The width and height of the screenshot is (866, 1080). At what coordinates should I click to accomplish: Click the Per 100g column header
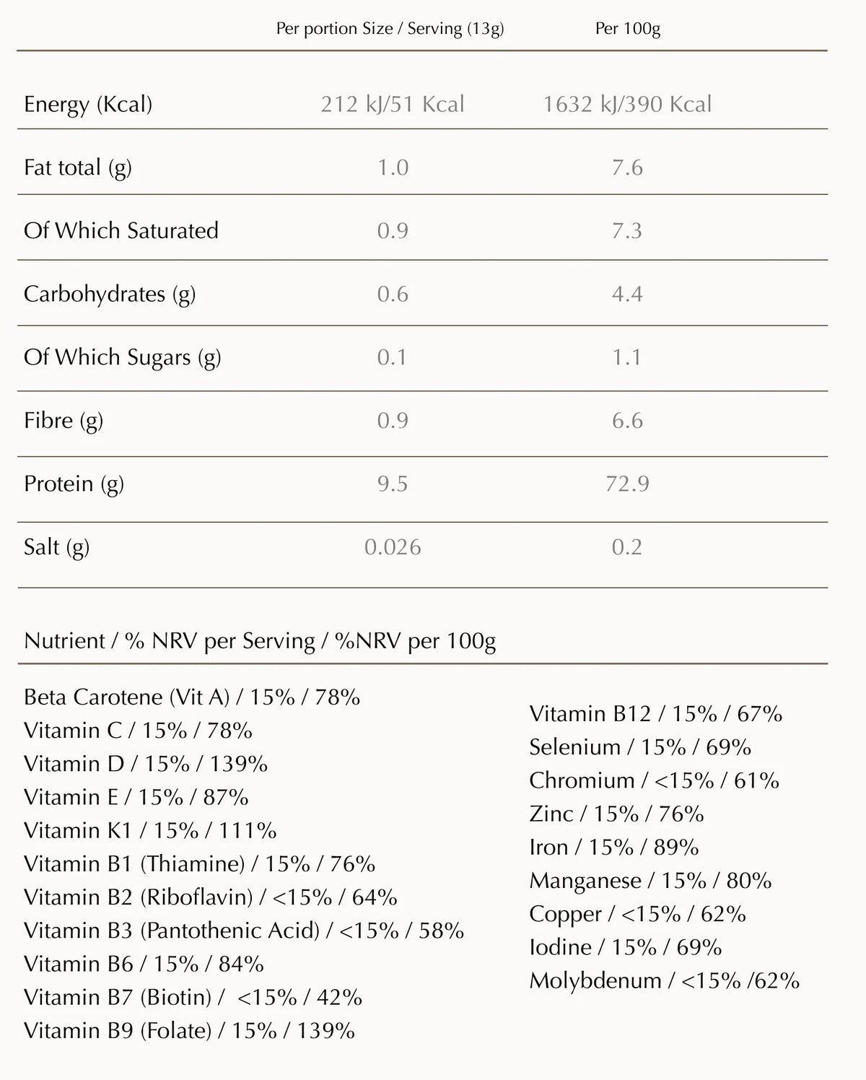627,29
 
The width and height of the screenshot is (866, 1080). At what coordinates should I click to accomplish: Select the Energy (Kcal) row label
88,104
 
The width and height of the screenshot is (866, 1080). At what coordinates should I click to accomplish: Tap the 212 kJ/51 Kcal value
393,104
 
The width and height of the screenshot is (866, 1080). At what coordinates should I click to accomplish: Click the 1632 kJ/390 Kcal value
627,104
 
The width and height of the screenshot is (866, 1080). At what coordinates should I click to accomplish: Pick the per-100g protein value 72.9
627,483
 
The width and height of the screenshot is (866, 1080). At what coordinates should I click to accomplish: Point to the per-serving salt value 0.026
393,546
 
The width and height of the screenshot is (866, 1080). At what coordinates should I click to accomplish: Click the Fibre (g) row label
64,420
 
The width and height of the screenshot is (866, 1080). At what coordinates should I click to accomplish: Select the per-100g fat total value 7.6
627,167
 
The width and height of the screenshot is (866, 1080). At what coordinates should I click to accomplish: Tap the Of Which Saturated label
121,230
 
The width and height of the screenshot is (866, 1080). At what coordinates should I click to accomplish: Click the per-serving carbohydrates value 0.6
393,294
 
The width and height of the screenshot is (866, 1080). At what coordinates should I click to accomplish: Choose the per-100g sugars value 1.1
627,357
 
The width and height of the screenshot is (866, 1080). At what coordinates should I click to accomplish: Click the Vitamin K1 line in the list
150,830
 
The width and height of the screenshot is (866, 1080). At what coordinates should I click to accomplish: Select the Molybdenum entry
664,980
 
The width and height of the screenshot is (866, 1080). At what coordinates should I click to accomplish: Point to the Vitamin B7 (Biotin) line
193,997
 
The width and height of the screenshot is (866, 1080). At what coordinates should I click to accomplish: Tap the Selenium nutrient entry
640,746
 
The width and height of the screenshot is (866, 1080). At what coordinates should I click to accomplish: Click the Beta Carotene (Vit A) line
192,697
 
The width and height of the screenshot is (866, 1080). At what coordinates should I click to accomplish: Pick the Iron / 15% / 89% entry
613,847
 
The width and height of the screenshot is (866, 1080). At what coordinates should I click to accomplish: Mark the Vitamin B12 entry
655,713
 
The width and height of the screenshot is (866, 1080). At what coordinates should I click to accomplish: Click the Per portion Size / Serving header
390,29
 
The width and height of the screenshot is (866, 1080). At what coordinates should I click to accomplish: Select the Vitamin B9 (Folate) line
189,1030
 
